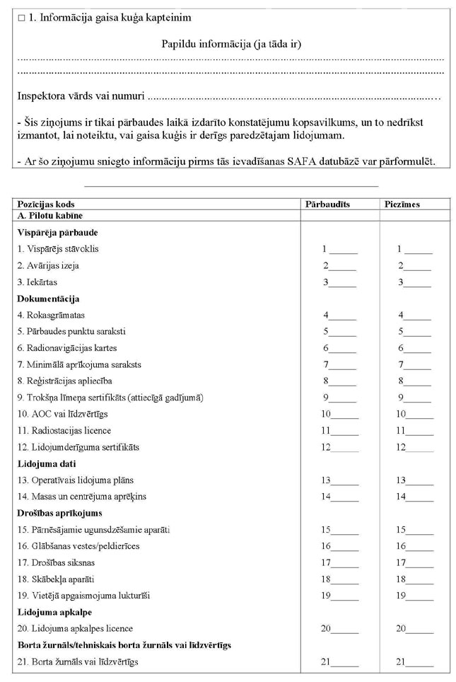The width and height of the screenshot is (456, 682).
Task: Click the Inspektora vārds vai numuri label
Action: pos(82,95)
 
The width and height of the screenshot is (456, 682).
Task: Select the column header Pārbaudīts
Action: pos(327,204)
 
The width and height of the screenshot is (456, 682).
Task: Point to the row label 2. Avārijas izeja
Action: pos(48,265)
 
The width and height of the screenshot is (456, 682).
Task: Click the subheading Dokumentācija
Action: pos(48,299)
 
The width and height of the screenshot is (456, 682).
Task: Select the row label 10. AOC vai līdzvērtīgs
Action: pos(62,413)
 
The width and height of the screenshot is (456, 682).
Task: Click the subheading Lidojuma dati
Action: pos(47,463)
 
